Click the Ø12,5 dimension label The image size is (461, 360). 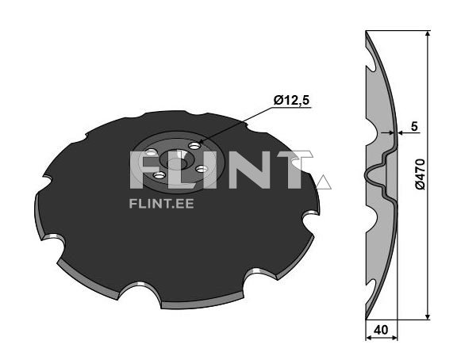tap(291, 101)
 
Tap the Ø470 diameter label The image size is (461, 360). tap(420, 174)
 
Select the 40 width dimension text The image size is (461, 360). tap(381, 330)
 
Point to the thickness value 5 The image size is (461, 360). tap(414, 126)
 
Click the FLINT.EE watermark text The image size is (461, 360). tap(161, 204)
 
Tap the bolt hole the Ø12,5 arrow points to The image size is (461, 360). tap(194, 145)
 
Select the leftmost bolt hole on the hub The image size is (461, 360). tap(151, 152)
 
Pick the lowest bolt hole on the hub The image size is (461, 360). tap(159, 176)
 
